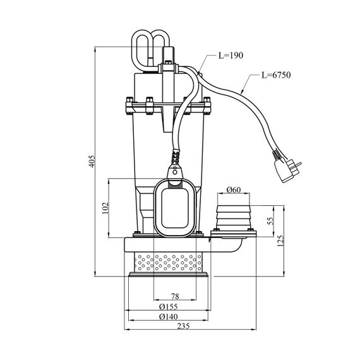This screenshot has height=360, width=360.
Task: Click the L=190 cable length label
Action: (x=231, y=56)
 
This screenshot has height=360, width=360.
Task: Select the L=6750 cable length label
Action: (x=276, y=75)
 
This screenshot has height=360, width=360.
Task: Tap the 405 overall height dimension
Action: (x=92, y=161)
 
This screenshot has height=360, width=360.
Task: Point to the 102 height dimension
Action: (x=105, y=208)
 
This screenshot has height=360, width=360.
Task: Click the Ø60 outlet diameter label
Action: (x=234, y=189)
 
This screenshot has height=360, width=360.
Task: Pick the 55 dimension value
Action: (x=271, y=221)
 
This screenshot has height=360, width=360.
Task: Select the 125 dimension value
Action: (x=280, y=241)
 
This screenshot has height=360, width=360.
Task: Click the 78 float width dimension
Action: (x=175, y=296)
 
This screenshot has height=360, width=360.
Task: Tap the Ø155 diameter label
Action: (x=168, y=306)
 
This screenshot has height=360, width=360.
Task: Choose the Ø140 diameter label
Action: (x=168, y=316)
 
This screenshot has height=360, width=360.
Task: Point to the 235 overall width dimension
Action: (x=183, y=326)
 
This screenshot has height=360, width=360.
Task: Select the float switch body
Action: (x=175, y=208)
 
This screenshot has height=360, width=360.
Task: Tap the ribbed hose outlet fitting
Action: (x=234, y=219)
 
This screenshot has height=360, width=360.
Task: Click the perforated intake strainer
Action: (x=168, y=262)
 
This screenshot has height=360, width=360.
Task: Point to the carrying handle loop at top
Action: (x=150, y=49)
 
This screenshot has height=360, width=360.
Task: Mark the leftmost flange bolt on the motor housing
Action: (x=129, y=106)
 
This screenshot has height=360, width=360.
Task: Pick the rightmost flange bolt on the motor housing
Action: (x=207, y=106)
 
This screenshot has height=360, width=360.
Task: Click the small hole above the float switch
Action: (x=175, y=172)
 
